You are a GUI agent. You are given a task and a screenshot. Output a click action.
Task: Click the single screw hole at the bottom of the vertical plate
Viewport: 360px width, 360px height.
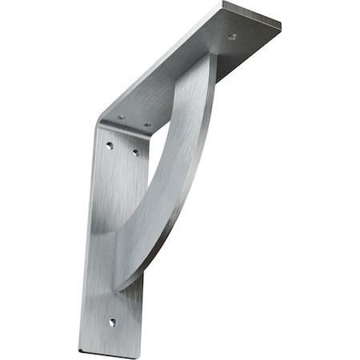click(x=112, y=322)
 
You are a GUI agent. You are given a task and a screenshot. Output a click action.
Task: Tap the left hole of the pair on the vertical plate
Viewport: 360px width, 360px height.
click(x=110, y=146)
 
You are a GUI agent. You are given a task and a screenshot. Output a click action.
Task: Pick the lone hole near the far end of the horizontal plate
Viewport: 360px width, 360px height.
click(x=232, y=37)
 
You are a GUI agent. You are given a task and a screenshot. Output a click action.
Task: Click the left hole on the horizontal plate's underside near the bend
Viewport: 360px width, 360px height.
click(x=121, y=118)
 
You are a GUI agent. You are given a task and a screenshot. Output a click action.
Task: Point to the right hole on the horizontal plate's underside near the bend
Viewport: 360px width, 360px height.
click(x=146, y=125)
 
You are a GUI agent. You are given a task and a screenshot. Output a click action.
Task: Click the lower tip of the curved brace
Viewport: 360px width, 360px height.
click(x=120, y=284)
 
